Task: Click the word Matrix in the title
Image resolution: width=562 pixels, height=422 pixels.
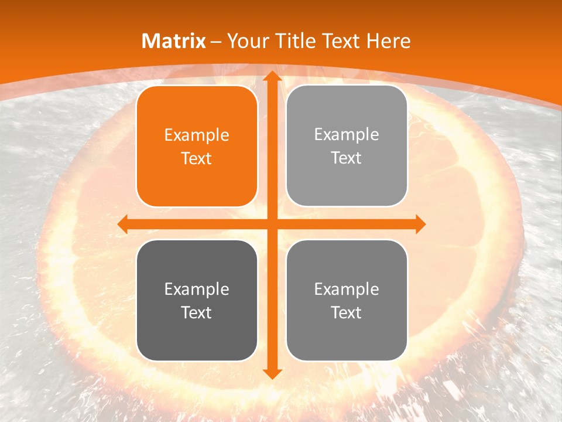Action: coord(174,41)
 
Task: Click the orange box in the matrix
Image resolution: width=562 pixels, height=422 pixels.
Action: coord(197,147)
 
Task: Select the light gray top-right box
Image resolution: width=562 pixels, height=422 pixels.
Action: coord(347,146)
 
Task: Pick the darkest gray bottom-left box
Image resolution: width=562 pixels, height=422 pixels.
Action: coord(197,300)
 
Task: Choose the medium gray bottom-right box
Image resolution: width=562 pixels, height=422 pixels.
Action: coord(347,300)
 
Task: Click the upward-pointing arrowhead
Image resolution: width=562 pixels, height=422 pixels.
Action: coord(272,76)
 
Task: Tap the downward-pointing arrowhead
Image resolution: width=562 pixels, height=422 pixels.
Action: coord(272,373)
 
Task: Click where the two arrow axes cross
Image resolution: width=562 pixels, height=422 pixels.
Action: coord(272,224)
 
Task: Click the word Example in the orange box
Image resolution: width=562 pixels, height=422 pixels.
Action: coord(197,135)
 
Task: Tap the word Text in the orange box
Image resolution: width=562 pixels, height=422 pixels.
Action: coord(197,158)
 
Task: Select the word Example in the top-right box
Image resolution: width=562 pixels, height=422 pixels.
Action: coord(347,135)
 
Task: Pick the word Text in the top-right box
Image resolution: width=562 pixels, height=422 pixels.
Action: coord(347,158)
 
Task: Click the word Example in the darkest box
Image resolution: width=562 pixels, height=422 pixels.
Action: coord(197,289)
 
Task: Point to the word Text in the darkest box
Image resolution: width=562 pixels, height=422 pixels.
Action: coord(197,312)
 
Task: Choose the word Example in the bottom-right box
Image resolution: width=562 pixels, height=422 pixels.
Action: coord(347,289)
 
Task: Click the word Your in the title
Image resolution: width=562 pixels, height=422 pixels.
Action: coord(246,41)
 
